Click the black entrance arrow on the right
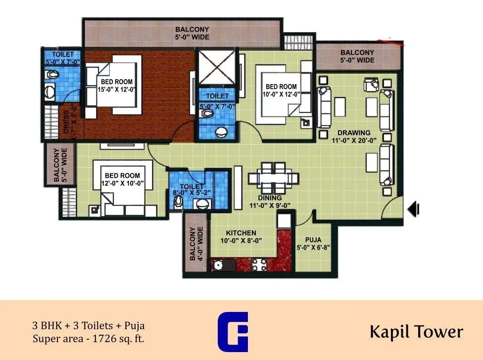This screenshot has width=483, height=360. [414, 209]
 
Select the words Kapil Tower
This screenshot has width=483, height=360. [416, 332]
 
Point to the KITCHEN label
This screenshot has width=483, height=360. [241, 237]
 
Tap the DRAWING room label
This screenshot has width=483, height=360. [354, 136]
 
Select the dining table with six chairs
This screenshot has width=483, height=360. [273, 177]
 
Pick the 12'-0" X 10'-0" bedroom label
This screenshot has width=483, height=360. [122, 179]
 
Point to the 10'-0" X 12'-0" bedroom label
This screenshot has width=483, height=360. [281, 90]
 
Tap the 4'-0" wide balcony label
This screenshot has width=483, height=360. [196, 244]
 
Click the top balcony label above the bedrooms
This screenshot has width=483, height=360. [192, 33]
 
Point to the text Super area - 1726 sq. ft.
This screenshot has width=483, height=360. [90, 339]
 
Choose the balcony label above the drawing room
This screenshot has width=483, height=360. [357, 56]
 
